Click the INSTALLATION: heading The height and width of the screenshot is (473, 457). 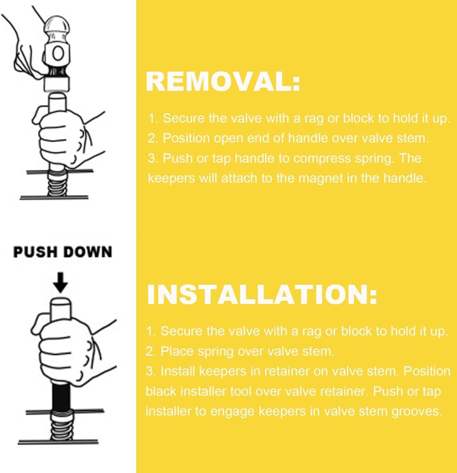pyautogui.click(x=262, y=294)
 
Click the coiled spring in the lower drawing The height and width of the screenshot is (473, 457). pyautogui.click(x=61, y=426)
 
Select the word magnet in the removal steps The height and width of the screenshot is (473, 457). pyautogui.click(x=321, y=178)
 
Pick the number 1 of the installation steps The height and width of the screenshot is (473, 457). pyautogui.click(x=150, y=331)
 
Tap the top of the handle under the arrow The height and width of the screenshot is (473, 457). pyautogui.click(x=61, y=301)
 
